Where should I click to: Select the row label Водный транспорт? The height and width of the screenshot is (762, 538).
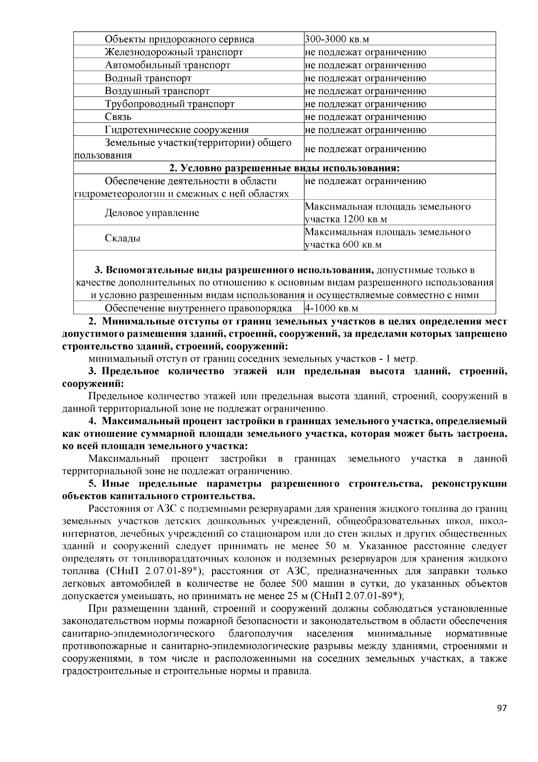click(x=148, y=78)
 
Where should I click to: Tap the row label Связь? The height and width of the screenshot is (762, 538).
click(x=118, y=117)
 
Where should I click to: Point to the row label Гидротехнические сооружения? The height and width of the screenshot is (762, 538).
click(x=176, y=130)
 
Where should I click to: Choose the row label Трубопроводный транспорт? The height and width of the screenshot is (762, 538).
click(x=169, y=104)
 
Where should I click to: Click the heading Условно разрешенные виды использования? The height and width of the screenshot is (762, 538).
click(x=284, y=168)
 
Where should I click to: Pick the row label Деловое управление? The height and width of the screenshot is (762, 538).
click(x=152, y=213)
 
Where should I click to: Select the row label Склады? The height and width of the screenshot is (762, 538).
click(x=122, y=238)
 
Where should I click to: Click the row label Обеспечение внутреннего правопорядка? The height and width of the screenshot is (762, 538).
click(x=198, y=308)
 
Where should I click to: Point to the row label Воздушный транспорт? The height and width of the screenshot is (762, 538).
click(x=157, y=91)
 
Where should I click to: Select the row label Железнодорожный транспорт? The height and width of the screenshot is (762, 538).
click(x=174, y=52)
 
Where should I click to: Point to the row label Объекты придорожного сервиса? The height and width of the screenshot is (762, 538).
click(x=179, y=39)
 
